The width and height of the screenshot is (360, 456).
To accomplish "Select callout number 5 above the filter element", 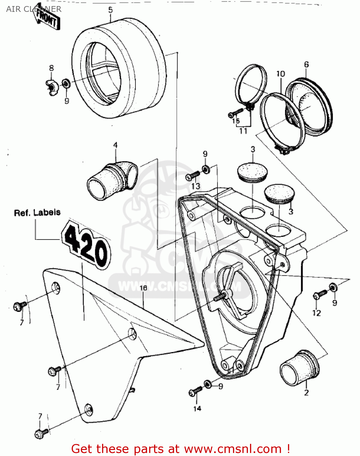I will coord(110,10).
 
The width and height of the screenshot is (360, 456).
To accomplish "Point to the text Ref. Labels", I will coord(37,212).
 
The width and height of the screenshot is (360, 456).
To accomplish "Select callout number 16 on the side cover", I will coord(143,288).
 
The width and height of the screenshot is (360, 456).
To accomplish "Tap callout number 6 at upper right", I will coord(306,64).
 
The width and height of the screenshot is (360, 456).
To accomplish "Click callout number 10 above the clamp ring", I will coord(280,74).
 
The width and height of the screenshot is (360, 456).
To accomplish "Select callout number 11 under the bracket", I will coord(243,131).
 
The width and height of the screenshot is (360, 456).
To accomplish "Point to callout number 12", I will coord(316,313).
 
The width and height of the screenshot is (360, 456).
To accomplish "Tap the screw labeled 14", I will coord(195,391).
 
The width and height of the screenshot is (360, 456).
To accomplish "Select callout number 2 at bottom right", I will coord(306,392).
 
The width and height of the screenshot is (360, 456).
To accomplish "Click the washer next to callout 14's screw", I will coord(208,384).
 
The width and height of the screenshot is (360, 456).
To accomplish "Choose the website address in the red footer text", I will coord(233,449).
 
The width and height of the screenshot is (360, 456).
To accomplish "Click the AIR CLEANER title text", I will coord(33,9).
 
